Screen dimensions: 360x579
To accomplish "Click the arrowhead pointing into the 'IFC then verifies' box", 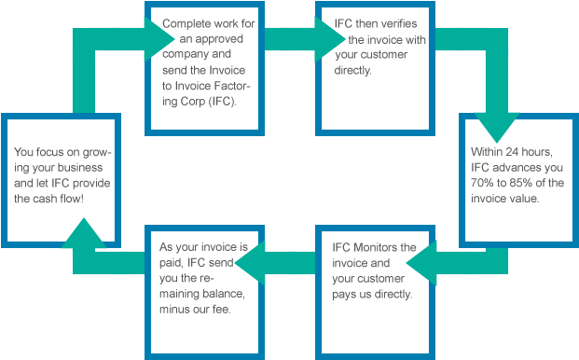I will (x=331, y=38).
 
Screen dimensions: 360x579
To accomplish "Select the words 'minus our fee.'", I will (x=196, y=310).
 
